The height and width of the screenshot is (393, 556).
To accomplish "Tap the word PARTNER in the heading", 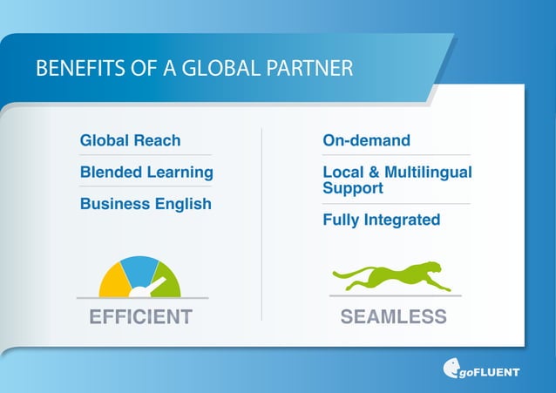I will point(314,69).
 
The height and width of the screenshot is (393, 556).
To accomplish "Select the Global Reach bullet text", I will point(130,140).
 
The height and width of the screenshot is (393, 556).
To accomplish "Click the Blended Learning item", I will point(146,172).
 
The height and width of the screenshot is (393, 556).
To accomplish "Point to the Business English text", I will point(146,204).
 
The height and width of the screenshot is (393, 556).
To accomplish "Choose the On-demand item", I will point(366,140).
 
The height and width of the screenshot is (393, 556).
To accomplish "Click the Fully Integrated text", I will point(381,220).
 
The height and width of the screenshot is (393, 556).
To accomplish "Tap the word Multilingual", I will point(428,173).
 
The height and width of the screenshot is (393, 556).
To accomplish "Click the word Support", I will point(353,187).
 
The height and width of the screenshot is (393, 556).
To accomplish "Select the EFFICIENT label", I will point(141,316).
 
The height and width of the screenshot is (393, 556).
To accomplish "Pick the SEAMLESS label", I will point(393,316).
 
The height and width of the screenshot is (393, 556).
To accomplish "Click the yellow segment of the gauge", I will point(114,281).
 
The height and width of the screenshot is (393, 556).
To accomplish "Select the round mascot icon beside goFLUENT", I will point(453,369).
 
